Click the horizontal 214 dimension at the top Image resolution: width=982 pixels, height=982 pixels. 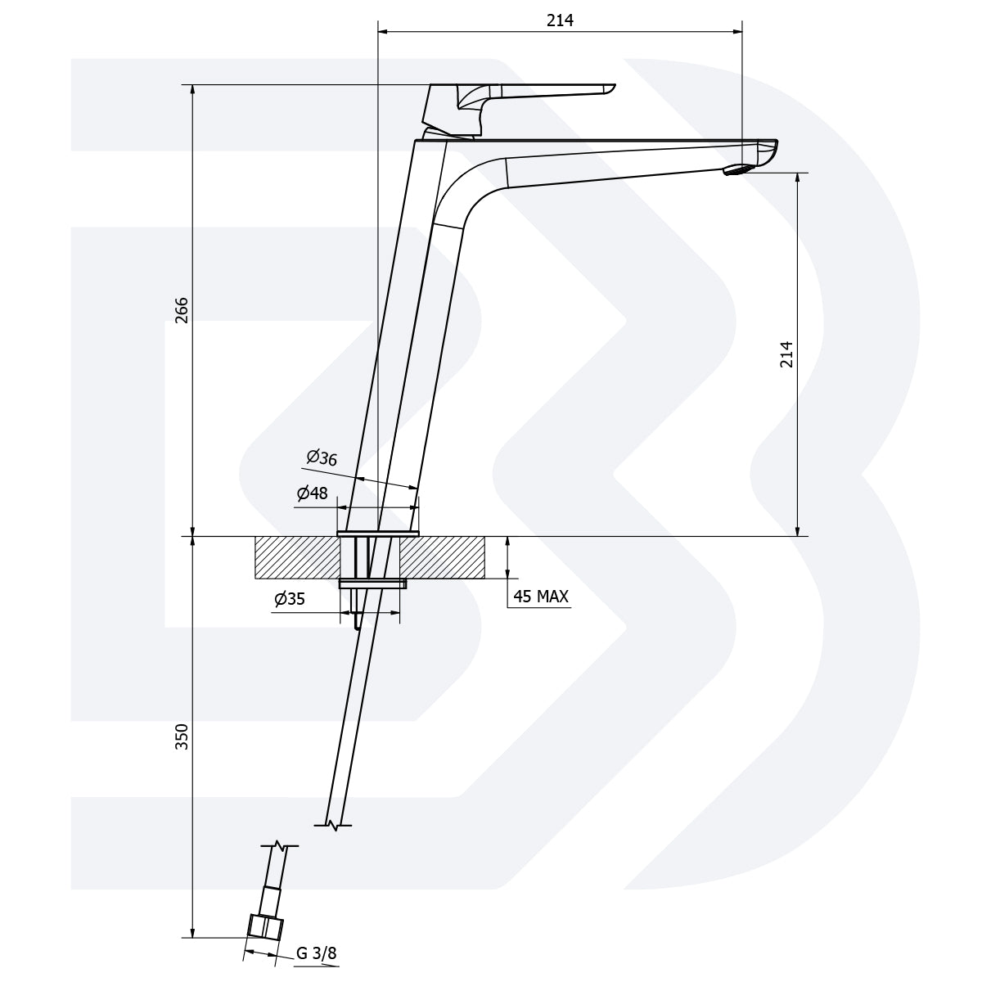pos(560,21)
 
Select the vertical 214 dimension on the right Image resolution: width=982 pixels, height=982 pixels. pos(786,354)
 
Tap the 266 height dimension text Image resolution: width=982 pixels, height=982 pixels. pos(182,310)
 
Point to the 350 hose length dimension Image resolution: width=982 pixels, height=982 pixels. pos(182,736)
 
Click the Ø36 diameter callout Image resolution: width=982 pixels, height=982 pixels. pos(322,458)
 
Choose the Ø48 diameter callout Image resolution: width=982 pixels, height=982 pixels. pos(312,493)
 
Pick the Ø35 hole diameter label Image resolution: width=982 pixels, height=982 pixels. pos(290,600)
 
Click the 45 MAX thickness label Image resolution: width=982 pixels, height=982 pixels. pos(540,597)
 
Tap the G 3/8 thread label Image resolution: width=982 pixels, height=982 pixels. pos(316,953)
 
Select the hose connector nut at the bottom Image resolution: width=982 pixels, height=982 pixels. pos(265,926)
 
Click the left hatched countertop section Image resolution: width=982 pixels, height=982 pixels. pos(297,557)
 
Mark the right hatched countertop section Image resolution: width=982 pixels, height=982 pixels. pos(442,557)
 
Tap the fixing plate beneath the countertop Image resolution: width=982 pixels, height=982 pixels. pos(372,583)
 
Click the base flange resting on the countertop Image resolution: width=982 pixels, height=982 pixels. pos(377,534)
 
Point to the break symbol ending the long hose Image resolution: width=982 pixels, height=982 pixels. pos(334,823)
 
